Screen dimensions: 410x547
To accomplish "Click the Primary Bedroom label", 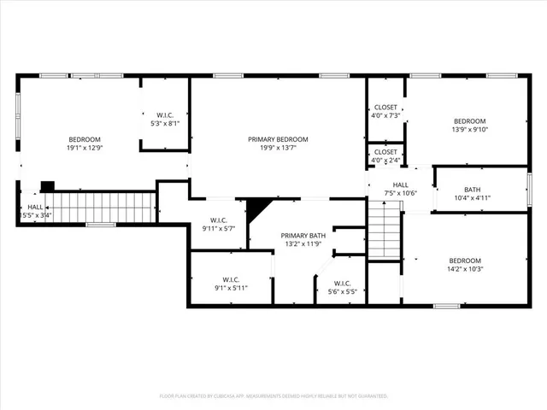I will pyautogui.click(x=278, y=139).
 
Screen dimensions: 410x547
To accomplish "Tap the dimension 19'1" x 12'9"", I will pyautogui.click(x=85, y=148).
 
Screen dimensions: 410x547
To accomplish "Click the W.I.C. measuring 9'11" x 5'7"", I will pyautogui.click(x=218, y=224).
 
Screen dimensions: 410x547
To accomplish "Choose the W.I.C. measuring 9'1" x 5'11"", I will pyautogui.click(x=231, y=284).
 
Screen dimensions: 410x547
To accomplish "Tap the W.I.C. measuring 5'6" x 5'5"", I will pyautogui.click(x=342, y=288).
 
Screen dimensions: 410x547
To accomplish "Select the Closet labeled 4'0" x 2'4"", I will pyautogui.click(x=385, y=155).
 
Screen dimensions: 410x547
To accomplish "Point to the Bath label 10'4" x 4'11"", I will pyautogui.click(x=473, y=194).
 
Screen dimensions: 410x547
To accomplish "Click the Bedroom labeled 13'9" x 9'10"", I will pyautogui.click(x=469, y=125).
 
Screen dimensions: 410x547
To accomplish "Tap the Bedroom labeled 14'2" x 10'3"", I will pyautogui.click(x=465, y=265).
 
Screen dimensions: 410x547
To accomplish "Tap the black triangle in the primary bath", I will pyautogui.click(x=256, y=209).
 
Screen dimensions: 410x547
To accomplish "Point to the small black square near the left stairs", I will pyautogui.click(x=48, y=185).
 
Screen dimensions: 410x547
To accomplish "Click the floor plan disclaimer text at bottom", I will pyautogui.click(x=273, y=396).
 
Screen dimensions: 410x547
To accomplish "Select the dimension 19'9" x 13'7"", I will pyautogui.click(x=278, y=147).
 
